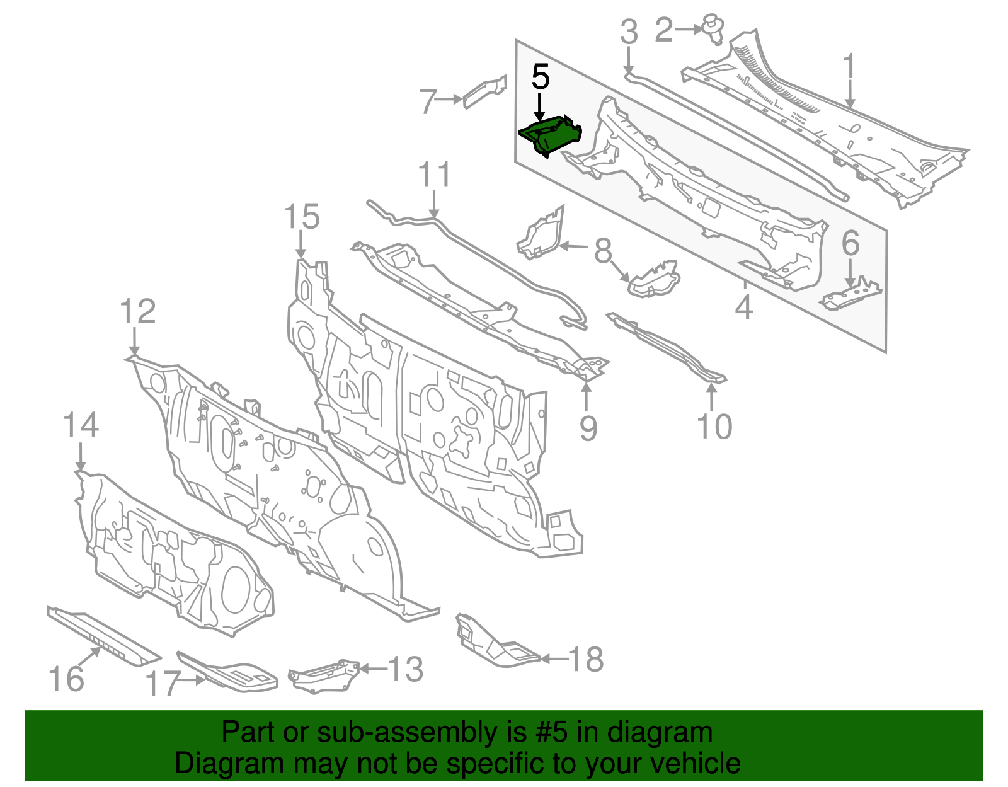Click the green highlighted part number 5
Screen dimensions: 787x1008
(x=549, y=135)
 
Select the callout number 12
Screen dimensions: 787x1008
(x=137, y=312)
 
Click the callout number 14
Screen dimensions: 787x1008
(x=81, y=425)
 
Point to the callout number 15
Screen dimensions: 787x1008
(x=302, y=217)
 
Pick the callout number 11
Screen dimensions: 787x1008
(x=435, y=175)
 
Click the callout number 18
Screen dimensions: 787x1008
(x=586, y=659)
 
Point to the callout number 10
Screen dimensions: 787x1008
(x=714, y=427)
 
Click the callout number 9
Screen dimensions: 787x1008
(x=588, y=428)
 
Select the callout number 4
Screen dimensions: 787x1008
(x=744, y=307)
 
